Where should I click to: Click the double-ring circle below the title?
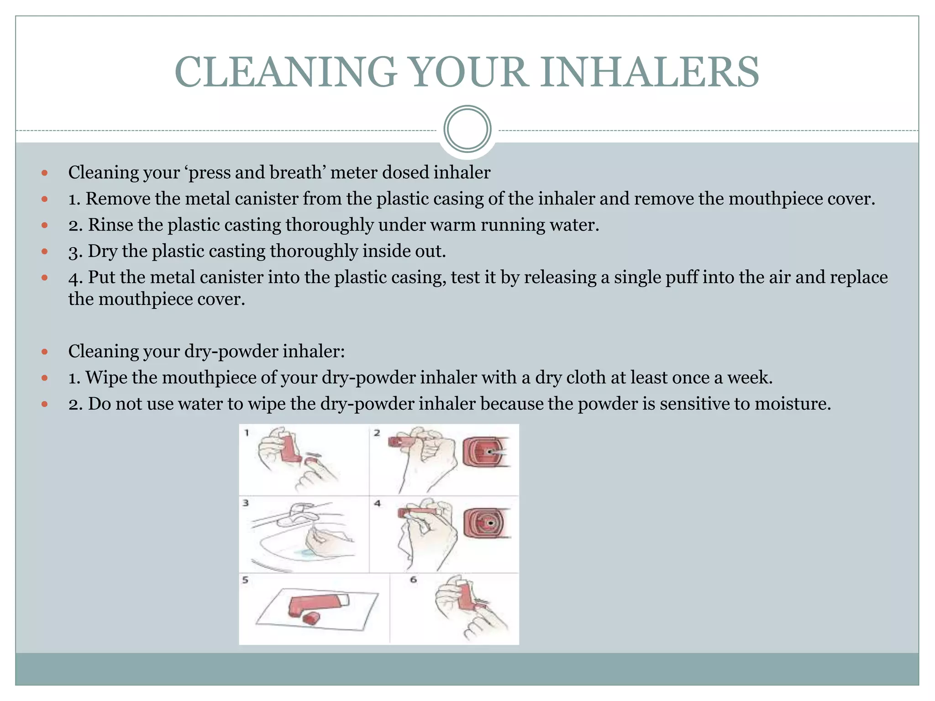click(467, 129)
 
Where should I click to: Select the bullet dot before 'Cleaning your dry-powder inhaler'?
click(44, 352)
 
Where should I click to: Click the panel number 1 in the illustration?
click(247, 433)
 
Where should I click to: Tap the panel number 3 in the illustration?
click(246, 503)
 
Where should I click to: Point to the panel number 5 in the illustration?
click(246, 580)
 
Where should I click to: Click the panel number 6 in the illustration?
click(413, 580)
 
